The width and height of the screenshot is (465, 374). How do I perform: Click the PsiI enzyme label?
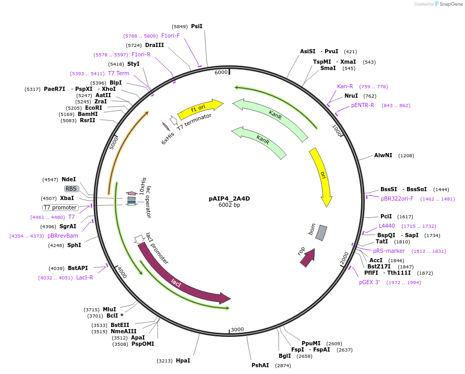tap(197, 26)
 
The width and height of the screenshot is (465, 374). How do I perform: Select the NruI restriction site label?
tap(351, 96)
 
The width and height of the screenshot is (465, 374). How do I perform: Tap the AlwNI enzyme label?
tap(383, 156)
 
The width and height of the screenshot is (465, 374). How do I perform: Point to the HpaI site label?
tap(183, 360)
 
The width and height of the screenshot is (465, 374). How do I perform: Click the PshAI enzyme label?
tap(260, 365)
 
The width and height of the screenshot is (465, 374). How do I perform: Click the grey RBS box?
tap(71, 189)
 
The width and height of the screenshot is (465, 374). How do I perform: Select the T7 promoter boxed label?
tap(60, 207)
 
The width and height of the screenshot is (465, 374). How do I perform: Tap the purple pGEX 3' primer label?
tap(369, 282)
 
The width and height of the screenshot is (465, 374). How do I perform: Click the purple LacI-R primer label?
tap(85, 277)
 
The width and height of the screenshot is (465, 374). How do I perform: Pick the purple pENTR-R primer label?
tap(363, 105)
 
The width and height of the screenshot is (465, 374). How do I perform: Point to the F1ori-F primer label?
tap(170, 36)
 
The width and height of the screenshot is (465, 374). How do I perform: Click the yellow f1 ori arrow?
tap(199, 108)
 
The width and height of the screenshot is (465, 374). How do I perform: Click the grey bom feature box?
tap(321, 233)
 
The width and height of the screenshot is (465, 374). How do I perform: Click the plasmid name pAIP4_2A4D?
tap(229, 198)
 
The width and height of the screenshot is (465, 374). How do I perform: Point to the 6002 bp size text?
tap(229, 205)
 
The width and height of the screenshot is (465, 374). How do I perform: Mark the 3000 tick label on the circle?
tap(237, 329)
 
